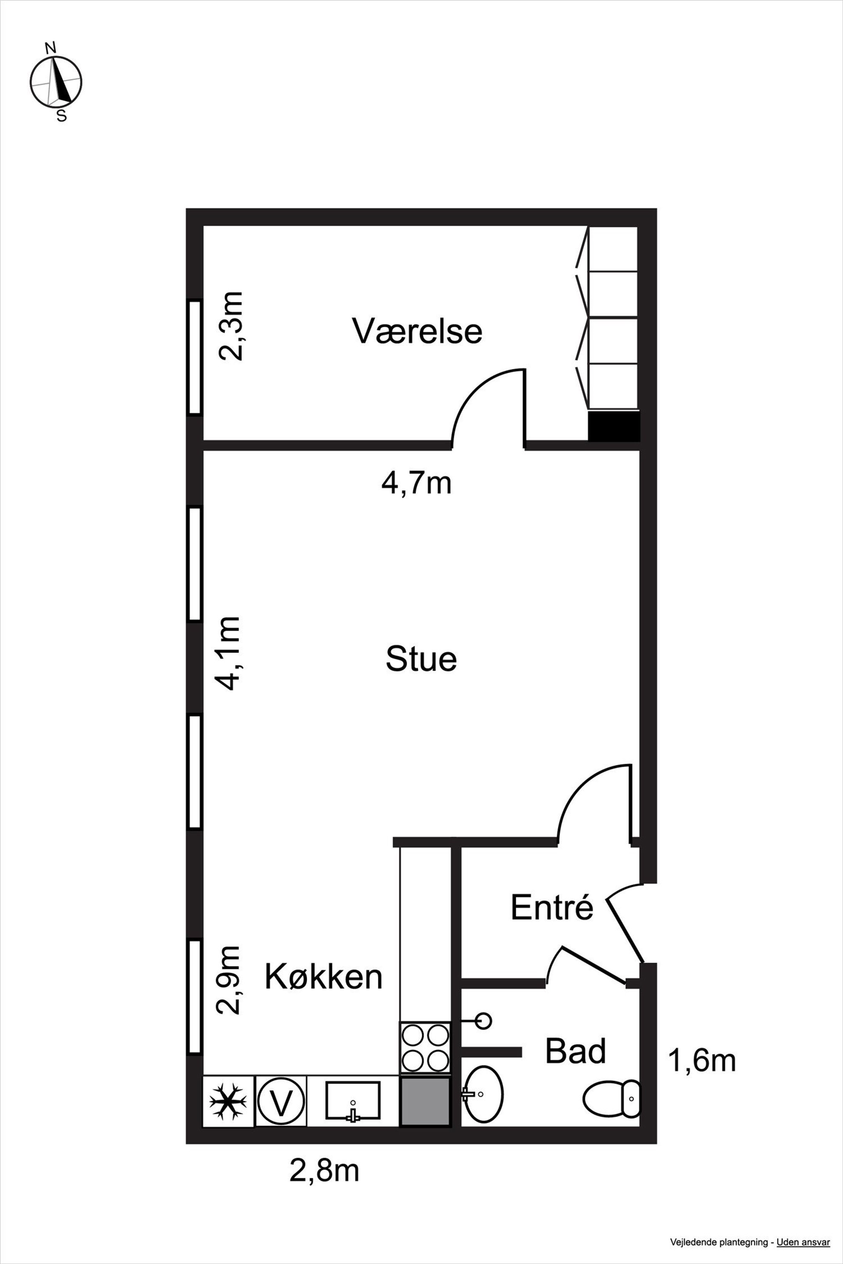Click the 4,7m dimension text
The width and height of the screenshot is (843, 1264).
417,483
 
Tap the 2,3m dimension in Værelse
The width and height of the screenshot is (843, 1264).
230,326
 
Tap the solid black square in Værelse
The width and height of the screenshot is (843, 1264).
614,427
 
